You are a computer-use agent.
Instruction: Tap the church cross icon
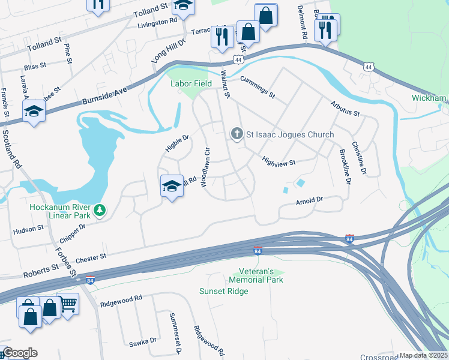[237, 134]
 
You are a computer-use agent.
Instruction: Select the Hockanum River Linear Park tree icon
[101, 210]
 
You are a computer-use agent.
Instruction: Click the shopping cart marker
[67, 305]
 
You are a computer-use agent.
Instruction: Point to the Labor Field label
[191, 83]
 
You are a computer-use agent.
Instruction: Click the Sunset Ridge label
[223, 291]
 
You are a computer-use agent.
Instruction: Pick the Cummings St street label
[257, 87]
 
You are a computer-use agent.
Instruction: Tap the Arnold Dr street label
[309, 202]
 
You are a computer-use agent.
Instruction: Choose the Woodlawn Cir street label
[206, 169]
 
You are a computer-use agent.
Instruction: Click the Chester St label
[91, 257]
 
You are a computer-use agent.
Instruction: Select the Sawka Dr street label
[143, 340]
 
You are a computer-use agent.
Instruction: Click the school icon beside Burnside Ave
[34, 112]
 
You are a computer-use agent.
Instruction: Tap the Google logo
[19, 353]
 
